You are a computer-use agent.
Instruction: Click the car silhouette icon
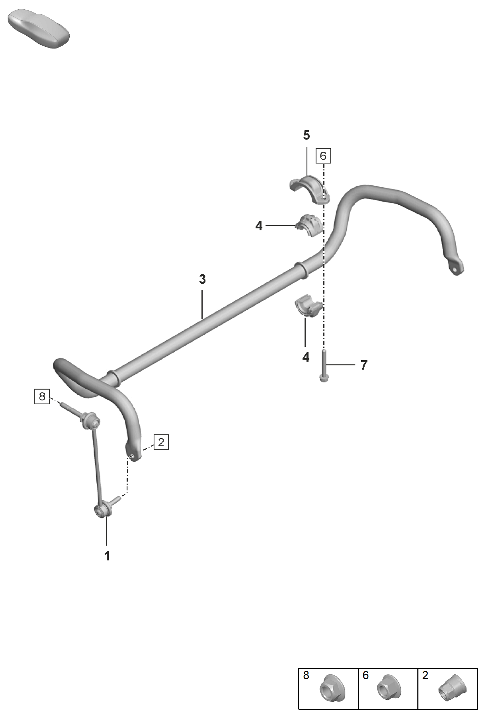[x=38, y=29]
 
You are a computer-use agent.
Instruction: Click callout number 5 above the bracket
[x=306, y=135]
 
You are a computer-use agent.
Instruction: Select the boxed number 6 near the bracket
[x=323, y=156]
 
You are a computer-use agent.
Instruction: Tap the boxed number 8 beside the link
[x=42, y=396]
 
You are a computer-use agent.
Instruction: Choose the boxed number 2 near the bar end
[x=161, y=442]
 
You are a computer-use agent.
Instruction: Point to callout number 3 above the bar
[x=202, y=279]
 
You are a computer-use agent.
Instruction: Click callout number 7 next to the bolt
[x=364, y=365]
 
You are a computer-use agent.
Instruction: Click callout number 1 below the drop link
[x=107, y=556]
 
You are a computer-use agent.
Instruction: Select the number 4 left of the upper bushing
[x=259, y=226]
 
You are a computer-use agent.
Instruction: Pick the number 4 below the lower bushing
[x=306, y=357]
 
